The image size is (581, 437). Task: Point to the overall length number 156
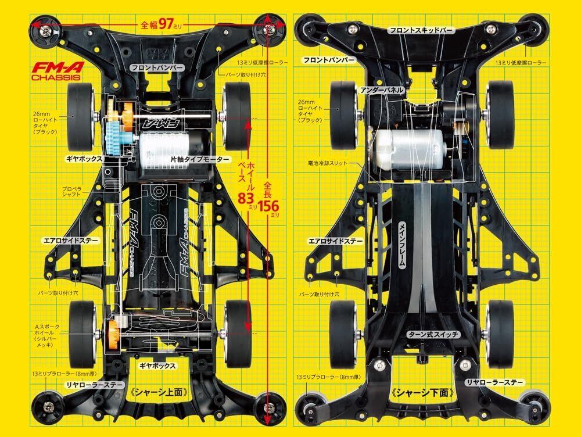(x=268, y=206)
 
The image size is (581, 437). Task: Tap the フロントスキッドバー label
(x=431, y=29)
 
